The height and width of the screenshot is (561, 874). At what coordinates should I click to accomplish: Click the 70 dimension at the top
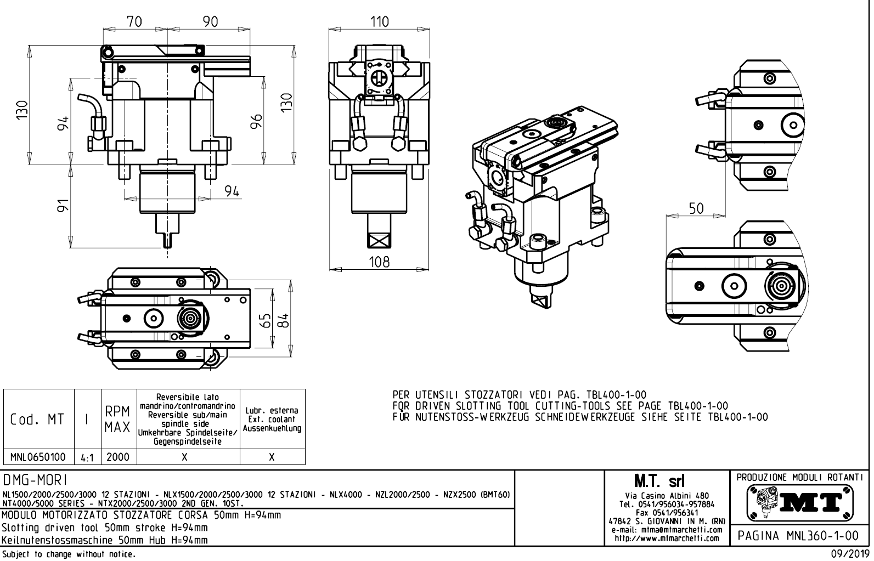134,22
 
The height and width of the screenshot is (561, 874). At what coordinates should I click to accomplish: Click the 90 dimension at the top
210,22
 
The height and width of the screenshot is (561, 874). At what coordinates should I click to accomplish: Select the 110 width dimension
379,22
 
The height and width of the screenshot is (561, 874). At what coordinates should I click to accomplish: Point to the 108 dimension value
379,262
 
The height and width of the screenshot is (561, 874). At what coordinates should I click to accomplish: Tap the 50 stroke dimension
696,208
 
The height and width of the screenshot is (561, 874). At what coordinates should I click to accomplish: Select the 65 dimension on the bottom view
266,320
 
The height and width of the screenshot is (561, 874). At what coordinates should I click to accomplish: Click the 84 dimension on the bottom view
283,320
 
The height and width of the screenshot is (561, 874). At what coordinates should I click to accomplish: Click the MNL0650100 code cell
38,457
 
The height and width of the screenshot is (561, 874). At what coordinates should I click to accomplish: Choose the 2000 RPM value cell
118,457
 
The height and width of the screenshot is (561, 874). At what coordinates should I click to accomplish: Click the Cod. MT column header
38,420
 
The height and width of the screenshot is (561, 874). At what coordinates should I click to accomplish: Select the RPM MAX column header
118,420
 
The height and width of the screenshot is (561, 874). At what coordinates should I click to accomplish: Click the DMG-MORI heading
35,481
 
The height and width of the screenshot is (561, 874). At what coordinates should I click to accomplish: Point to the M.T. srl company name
667,481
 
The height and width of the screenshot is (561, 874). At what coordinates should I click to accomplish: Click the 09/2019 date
848,553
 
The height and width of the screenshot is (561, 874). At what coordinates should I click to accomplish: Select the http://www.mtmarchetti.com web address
667,539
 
